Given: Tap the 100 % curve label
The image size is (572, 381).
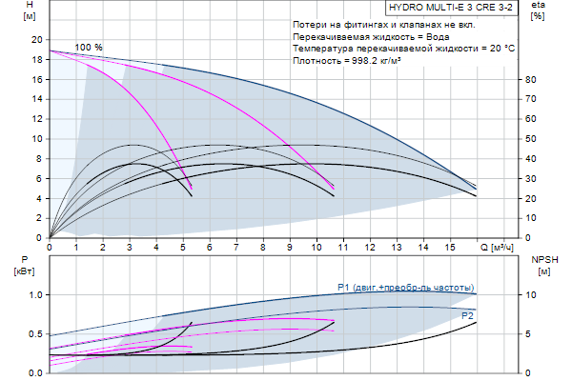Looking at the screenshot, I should click(x=89, y=48).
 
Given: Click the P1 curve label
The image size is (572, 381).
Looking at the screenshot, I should click(x=405, y=288).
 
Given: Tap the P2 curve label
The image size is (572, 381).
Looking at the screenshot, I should click(x=467, y=314).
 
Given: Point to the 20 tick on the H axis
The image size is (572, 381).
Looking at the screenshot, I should click(x=36, y=39).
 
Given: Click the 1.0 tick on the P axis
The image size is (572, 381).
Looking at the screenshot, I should click(x=35, y=294).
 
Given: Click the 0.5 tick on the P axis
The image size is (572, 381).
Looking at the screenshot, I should click(x=35, y=333).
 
